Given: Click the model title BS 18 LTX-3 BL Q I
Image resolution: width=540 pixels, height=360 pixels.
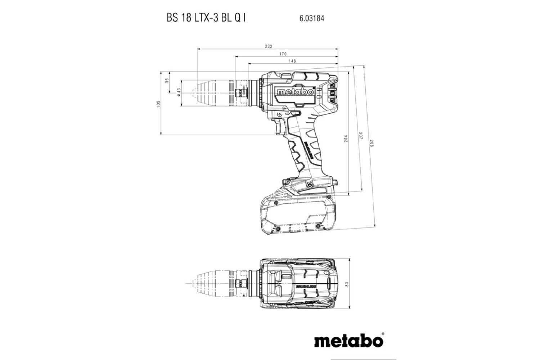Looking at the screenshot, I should tap(206, 18).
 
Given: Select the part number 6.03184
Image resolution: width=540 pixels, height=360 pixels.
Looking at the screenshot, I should tap(311, 18).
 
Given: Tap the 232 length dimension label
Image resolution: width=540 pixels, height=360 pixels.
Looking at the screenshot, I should tap(269, 46).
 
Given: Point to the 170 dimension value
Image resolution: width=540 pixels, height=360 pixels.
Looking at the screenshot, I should tap(283, 54).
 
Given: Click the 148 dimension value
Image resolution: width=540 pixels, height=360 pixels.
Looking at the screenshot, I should tap(292, 61).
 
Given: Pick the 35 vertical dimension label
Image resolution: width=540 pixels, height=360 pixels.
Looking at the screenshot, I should tap(166, 81).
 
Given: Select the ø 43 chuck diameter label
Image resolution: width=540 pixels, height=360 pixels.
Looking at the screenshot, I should tap(179, 93).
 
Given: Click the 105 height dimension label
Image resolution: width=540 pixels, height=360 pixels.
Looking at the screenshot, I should tap(158, 104).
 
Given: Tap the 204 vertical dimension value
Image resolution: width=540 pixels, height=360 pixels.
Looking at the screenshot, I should tap(346, 139).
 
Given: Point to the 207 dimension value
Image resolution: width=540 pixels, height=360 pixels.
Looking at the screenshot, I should tap(360, 136).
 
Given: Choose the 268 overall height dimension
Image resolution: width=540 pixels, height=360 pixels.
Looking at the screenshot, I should tap(372, 143).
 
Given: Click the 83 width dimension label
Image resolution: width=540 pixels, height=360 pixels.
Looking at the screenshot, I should tap(347, 284).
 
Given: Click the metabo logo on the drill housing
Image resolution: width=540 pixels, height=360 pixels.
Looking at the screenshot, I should tap(295, 92).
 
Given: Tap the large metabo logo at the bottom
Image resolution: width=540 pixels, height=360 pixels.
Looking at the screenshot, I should tap(349, 340).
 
